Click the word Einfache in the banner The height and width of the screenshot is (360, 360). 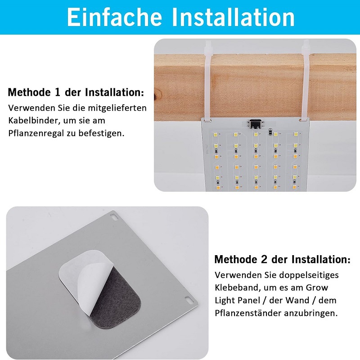pyautogui.click(x=114, y=17)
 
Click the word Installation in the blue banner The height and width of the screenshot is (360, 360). pyautogui.click(x=233, y=17)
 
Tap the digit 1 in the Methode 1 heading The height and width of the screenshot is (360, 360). pyautogui.click(x=58, y=92)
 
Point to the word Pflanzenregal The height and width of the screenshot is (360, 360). pyautogui.click(x=36, y=133)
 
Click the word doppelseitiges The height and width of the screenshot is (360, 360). pyautogui.click(x=306, y=275)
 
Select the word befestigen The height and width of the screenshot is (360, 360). pyautogui.click(x=101, y=133)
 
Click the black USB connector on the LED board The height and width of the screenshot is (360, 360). pyautogui.click(x=254, y=124)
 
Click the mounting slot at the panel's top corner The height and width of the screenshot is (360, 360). pyautogui.click(x=113, y=216)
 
